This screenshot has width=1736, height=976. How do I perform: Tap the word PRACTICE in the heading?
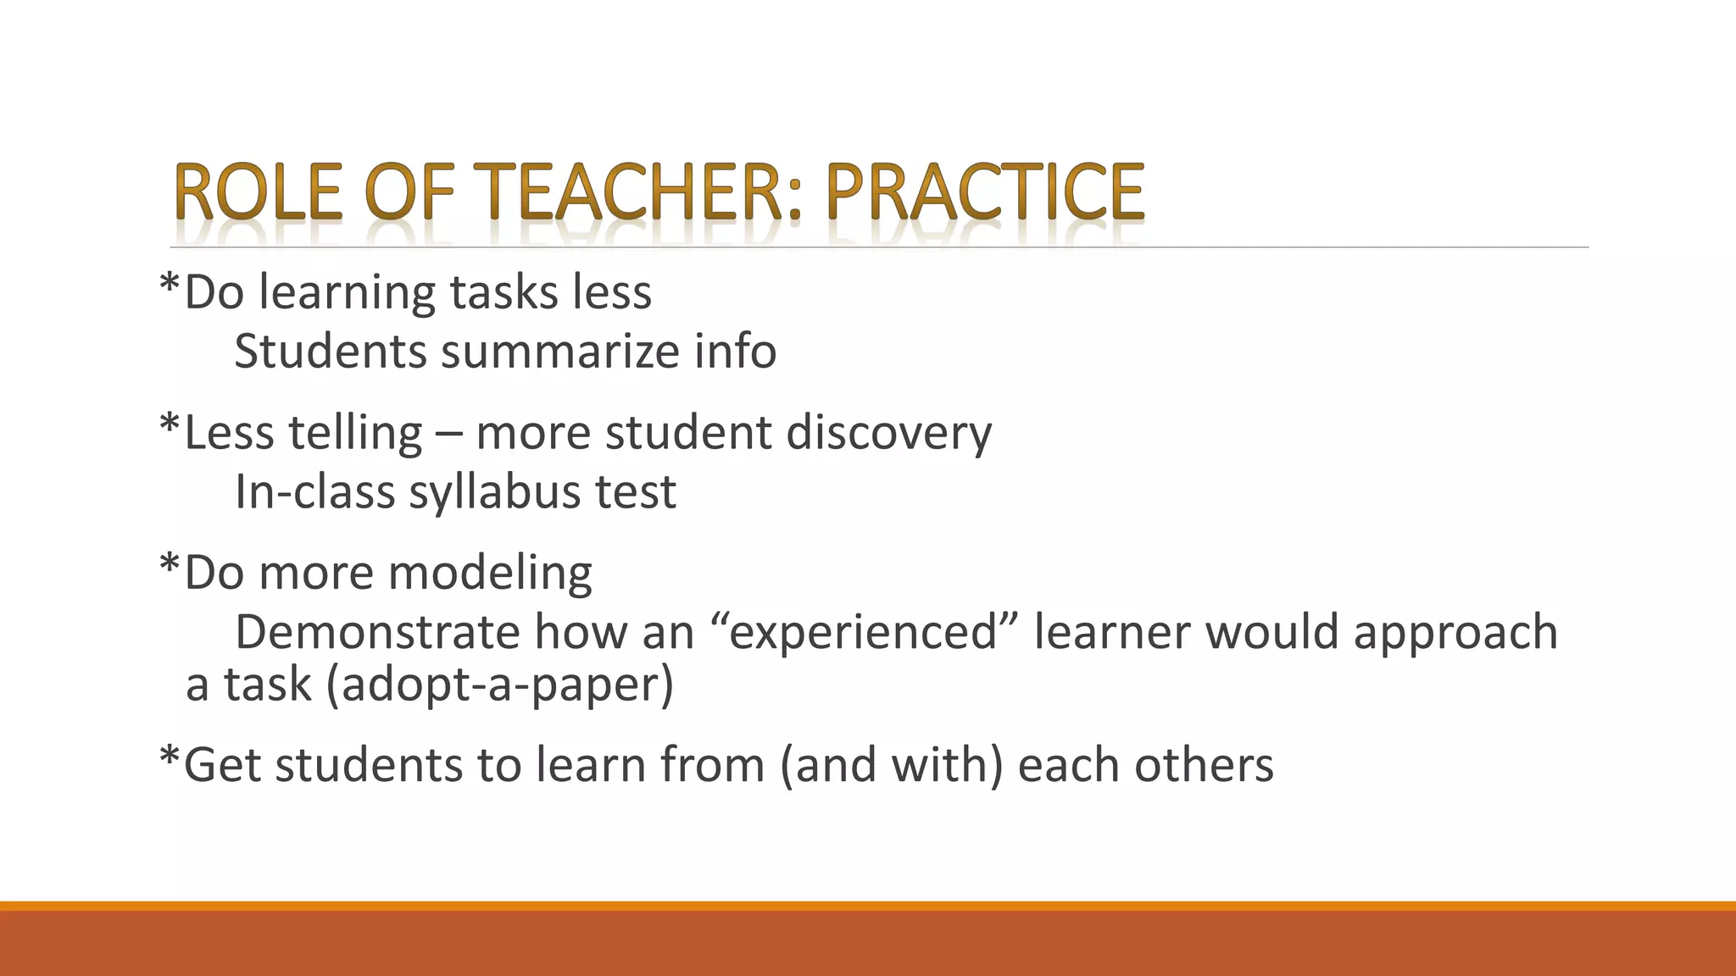pos(985,192)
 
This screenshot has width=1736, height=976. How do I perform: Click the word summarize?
pos(560,352)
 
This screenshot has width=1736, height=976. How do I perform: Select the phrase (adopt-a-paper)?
pos(499,685)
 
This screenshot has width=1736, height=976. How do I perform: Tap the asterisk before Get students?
pos(170,756)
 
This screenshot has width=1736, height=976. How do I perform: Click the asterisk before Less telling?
pos(170,424)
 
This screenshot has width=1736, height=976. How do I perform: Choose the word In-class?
pos(314,492)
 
